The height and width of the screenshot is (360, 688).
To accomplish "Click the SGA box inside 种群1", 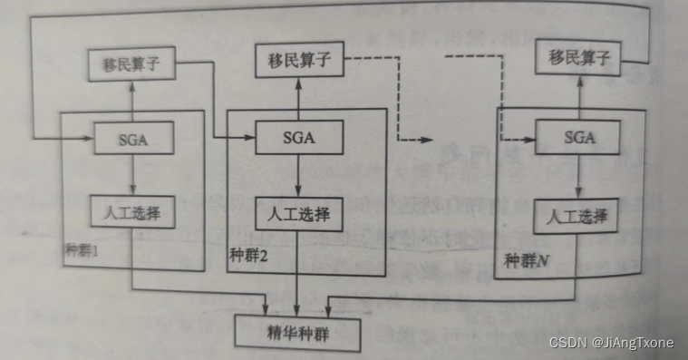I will tap(132, 141).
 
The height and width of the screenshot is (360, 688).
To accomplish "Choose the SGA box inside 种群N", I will tap(577, 138).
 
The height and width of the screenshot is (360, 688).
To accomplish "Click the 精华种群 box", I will tap(297, 332).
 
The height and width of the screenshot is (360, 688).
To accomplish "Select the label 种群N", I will tap(525, 261).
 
